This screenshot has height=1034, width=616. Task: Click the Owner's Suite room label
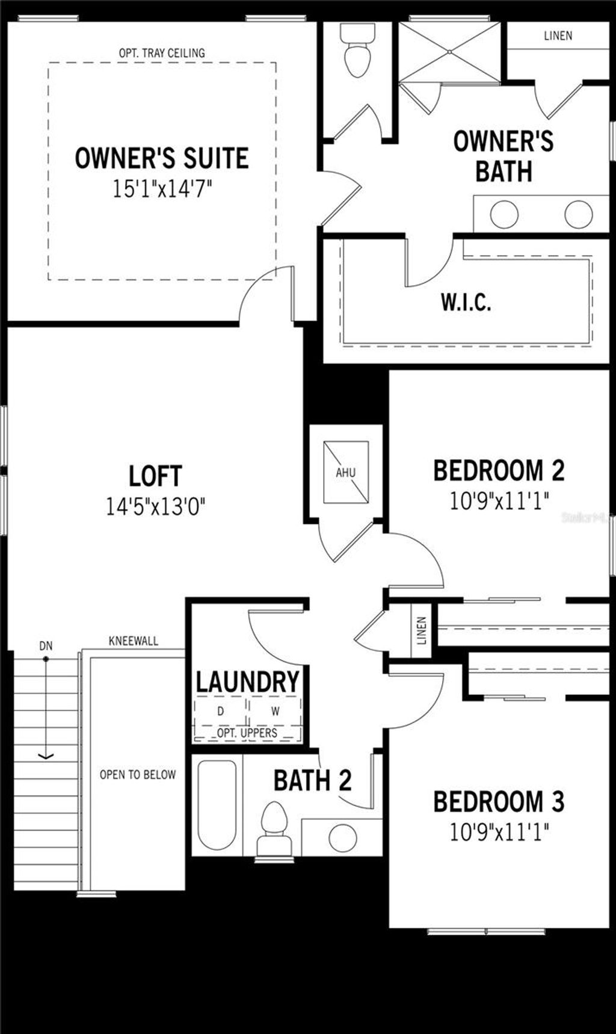[162, 158]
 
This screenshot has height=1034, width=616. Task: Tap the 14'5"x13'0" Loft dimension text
[156, 506]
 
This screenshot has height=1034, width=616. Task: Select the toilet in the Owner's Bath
[357, 51]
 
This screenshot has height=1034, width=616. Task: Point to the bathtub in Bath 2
[217, 805]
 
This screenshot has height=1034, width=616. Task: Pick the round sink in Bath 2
[343, 837]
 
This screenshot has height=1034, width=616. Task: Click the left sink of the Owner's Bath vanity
[504, 214]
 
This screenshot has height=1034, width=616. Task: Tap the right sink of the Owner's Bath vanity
[579, 214]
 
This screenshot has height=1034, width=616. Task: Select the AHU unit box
[346, 472]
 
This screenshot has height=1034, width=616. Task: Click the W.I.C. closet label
[466, 302]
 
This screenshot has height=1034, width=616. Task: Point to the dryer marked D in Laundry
[221, 711]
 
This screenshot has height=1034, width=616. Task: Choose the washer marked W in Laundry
[276, 711]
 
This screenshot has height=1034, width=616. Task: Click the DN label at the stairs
[46, 646]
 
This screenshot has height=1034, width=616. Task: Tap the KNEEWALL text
[134, 641]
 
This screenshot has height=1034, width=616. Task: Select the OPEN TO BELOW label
[138, 775]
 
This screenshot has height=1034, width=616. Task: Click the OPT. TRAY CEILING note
[162, 53]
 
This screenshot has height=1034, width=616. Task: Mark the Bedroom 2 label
[499, 470]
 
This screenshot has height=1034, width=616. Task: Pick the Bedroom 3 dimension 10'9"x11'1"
[499, 832]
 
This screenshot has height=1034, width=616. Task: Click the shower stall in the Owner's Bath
[450, 52]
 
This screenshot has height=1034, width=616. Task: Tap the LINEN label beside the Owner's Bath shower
[558, 35]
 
